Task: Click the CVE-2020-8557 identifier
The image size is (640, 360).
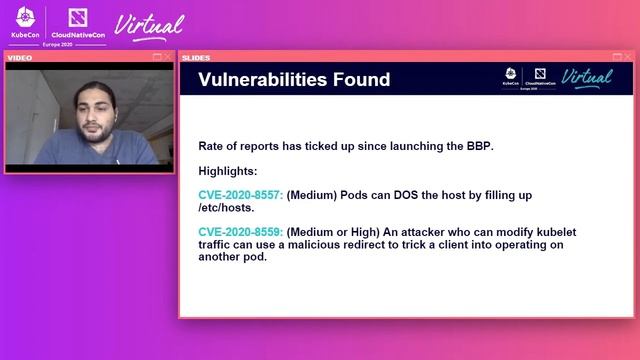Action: click(x=241, y=195)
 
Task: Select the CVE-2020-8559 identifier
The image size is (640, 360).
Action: click(x=241, y=232)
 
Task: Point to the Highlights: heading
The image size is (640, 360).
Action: click(x=228, y=171)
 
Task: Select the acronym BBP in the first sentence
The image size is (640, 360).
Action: click(x=478, y=146)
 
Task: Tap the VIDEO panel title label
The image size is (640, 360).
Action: click(x=21, y=58)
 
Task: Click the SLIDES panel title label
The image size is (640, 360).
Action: click(x=197, y=58)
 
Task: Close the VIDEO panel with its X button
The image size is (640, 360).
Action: click(x=168, y=58)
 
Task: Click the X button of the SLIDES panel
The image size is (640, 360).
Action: click(x=629, y=58)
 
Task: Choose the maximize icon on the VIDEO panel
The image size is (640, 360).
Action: click(x=157, y=58)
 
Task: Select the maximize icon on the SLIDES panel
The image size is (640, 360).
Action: click(x=618, y=58)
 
